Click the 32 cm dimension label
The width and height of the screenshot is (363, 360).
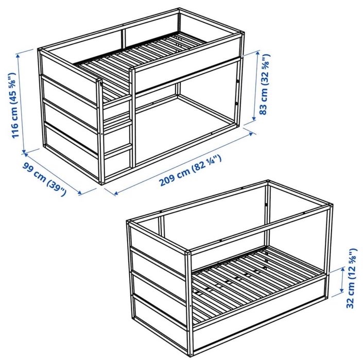(x=353, y=279)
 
